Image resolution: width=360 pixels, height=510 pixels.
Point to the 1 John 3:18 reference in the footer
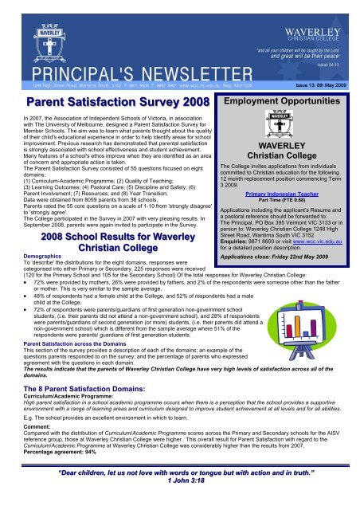178,498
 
